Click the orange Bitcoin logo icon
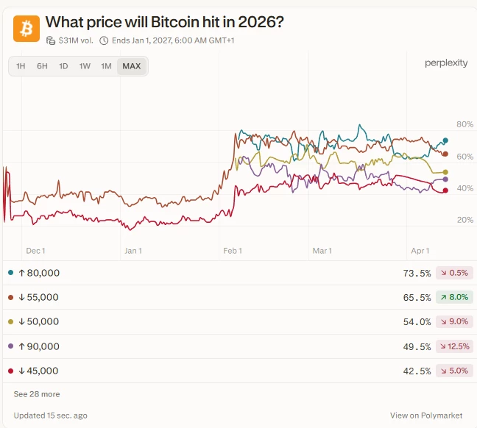[x=26, y=29]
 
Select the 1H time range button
[x=21, y=66]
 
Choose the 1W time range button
[x=85, y=66]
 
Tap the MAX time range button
[x=132, y=66]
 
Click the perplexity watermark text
[x=446, y=63]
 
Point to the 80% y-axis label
[x=465, y=124]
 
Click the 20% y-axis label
[x=465, y=220]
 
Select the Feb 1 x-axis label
[x=233, y=251]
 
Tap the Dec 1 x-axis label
[x=35, y=251]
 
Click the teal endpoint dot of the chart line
[x=445, y=140]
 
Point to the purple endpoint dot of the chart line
[x=445, y=179]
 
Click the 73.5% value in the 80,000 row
[x=417, y=273]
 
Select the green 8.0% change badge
[x=454, y=297]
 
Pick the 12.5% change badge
[x=454, y=346]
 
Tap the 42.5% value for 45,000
[x=417, y=371]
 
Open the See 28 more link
[x=37, y=394]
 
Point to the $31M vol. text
[x=76, y=40]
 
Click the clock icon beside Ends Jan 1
[x=104, y=40]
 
